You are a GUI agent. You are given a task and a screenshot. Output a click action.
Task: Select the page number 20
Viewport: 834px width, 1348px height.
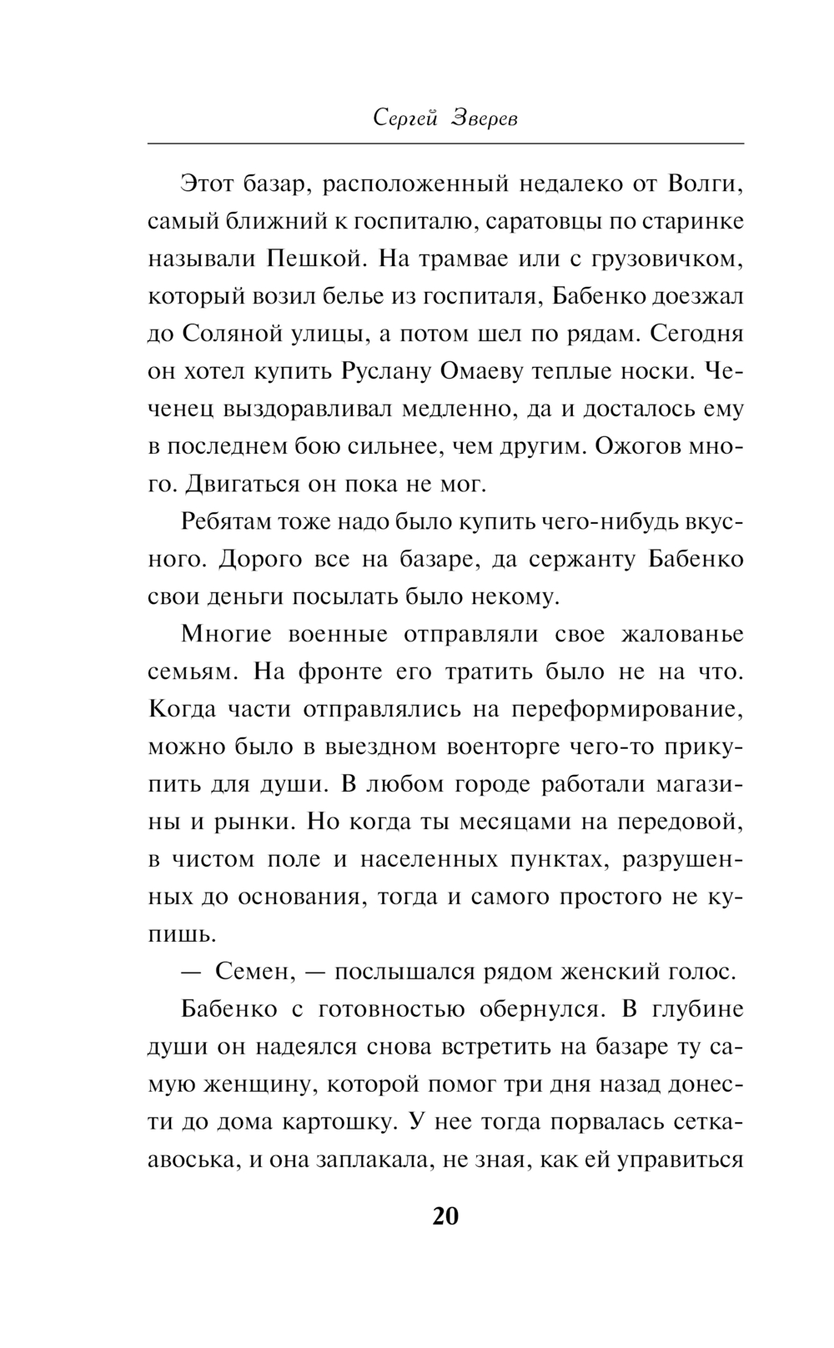[x=445, y=1216]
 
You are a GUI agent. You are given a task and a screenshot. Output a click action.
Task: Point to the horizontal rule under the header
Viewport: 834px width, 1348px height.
[x=445, y=145]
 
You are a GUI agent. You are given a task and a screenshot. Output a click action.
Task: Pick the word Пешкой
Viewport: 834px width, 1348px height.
[x=313, y=259]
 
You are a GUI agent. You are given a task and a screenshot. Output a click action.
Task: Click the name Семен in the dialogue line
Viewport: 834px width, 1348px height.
[x=254, y=972]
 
